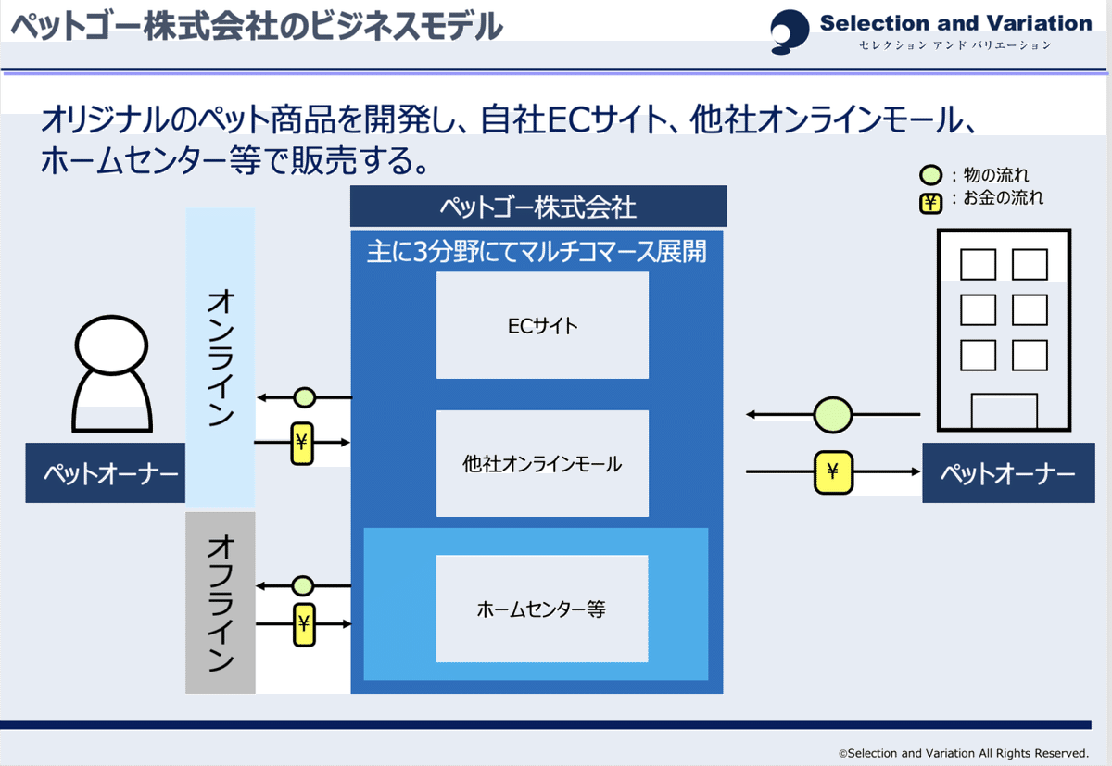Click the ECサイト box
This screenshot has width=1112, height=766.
542,325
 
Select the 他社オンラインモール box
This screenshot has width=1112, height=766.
542,464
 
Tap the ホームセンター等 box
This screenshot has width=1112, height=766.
542,609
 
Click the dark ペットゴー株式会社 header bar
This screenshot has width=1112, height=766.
538,207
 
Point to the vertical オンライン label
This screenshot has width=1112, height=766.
221,357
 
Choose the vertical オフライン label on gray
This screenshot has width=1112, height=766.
221,602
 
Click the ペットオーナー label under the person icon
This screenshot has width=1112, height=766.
106,473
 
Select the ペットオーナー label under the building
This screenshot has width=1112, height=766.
1008,474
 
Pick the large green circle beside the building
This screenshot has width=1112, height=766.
832,415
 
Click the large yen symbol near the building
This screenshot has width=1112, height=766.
832,472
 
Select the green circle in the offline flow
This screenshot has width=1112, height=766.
303,585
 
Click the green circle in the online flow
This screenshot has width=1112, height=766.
304,398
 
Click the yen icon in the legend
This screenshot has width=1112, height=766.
930,200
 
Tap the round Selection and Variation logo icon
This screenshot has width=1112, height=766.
790,31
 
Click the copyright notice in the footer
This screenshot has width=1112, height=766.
963,753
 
